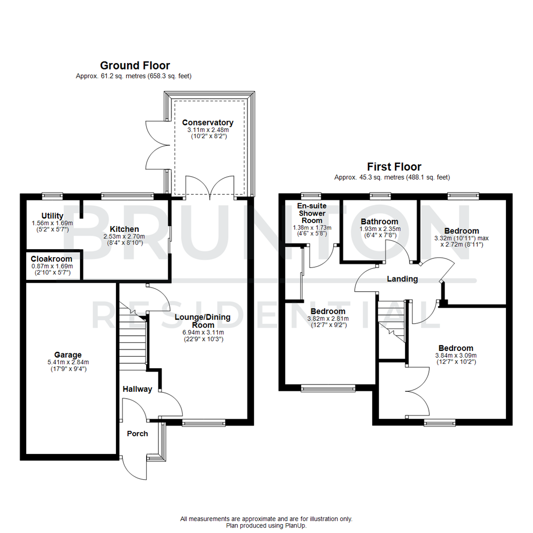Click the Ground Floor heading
click(x=135, y=65)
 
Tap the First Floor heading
click(x=393, y=166)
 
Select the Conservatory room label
click(x=207, y=122)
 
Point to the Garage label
click(x=68, y=354)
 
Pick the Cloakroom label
click(x=51, y=259)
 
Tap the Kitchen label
click(x=124, y=229)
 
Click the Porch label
click(x=137, y=433)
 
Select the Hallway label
click(x=137, y=389)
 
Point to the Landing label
click(x=402, y=279)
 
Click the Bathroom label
click(x=379, y=222)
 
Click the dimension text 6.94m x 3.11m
click(x=203, y=332)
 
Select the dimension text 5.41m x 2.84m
click(x=68, y=362)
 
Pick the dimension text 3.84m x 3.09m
click(x=455, y=355)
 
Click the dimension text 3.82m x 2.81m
click(x=328, y=318)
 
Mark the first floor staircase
click(x=391, y=321)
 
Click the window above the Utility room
click(x=52, y=196)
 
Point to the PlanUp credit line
click(x=266, y=526)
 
